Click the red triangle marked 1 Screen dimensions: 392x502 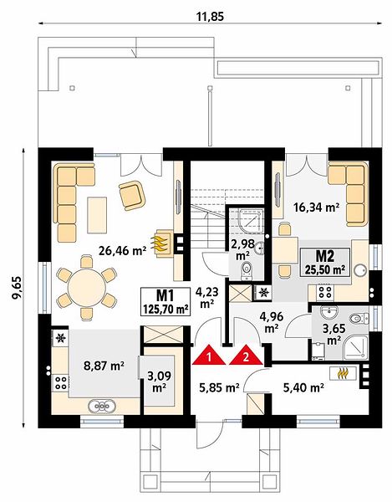pyautogui.click(x=209, y=356)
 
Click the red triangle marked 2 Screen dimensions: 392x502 pyautogui.click(x=246, y=356)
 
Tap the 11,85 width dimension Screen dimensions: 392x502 pyautogui.click(x=210, y=17)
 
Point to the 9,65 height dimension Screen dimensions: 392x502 pyautogui.click(x=17, y=287)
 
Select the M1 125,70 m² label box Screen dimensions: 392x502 pyautogui.click(x=165, y=301)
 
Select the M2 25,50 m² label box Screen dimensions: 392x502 pyautogui.click(x=324, y=262)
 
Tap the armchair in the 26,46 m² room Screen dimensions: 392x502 pyautogui.click(x=132, y=195)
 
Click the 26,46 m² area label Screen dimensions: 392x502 pyautogui.click(x=123, y=251)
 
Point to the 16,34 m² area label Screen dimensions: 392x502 pyautogui.click(x=316, y=207)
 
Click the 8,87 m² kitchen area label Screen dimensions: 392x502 pyautogui.click(x=104, y=366)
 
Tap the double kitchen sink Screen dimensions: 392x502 pyautogui.click(x=102, y=406)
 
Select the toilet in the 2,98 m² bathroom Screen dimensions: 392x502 pyautogui.click(x=247, y=270)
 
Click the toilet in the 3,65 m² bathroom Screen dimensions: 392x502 pyautogui.click(x=357, y=319)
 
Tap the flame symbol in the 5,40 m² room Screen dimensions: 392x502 pyautogui.click(x=343, y=373)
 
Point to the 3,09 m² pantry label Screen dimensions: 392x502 pyautogui.click(x=160, y=381)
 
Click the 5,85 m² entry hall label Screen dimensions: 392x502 pyautogui.click(x=219, y=388)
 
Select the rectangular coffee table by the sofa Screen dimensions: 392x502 pyautogui.click(x=97, y=215)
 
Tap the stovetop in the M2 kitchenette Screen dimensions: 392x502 pyautogui.click(x=325, y=291)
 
